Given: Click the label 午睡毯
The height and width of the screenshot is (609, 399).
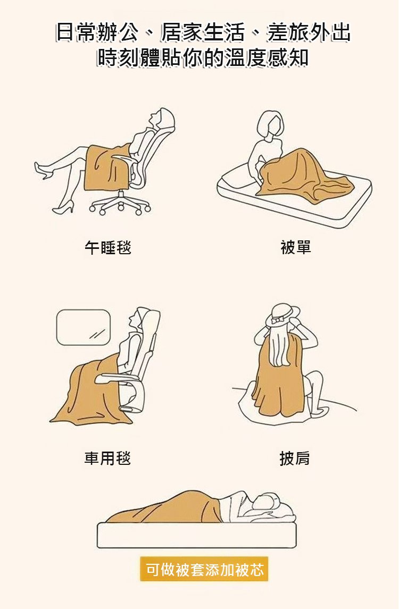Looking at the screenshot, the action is [108, 247].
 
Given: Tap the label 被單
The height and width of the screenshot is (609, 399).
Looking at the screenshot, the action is [296, 247].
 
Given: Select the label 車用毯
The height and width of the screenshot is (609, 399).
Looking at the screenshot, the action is [107, 458].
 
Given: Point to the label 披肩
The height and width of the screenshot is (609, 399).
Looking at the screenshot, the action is [295, 458].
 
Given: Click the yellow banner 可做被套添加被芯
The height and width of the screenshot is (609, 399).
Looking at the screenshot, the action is [204, 570].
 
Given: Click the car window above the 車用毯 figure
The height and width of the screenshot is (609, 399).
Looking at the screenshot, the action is [84, 327].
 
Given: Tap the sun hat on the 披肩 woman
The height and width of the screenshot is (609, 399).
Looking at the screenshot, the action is [283, 315].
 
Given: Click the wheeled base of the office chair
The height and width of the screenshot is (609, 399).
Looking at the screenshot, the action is [120, 204].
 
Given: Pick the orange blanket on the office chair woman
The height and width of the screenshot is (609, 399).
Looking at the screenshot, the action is [107, 167].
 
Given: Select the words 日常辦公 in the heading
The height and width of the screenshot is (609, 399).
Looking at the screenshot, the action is [97, 32].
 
